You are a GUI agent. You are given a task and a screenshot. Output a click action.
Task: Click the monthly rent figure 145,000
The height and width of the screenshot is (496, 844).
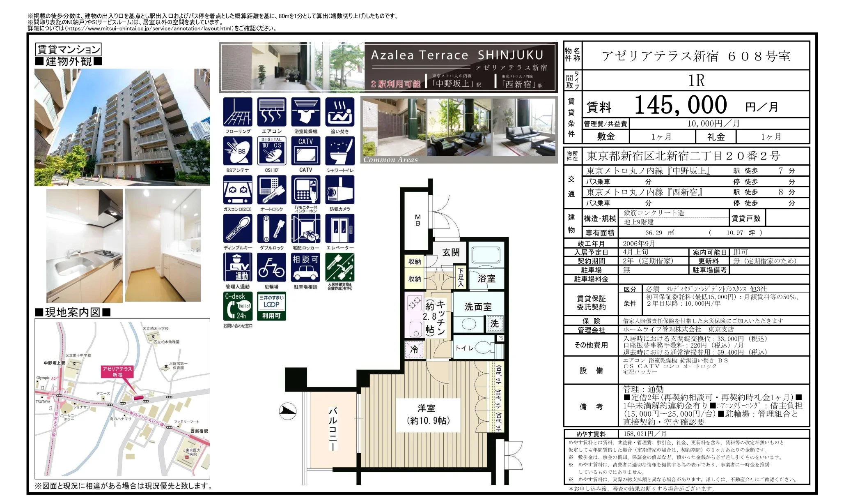680,105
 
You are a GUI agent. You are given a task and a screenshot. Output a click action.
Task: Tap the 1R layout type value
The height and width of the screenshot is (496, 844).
696,81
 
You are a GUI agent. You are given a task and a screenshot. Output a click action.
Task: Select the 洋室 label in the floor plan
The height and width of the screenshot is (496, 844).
426,408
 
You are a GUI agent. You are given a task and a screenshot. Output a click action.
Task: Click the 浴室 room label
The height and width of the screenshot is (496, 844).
486,279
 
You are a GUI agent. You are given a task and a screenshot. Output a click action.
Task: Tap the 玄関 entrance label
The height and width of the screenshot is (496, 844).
450,252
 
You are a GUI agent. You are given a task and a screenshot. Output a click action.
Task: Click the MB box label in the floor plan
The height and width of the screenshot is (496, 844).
417,220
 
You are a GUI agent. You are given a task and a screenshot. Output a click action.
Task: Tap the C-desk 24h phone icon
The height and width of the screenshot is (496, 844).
238,306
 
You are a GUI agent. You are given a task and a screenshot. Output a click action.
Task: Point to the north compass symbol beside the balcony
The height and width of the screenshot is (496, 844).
288,411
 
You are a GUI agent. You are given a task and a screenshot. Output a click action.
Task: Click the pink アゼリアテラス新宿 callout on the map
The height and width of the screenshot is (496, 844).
117,371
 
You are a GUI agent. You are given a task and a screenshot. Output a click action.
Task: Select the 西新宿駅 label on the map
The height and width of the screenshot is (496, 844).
199,431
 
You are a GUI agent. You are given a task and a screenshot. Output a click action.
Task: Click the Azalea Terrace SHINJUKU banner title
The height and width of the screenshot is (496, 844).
457,55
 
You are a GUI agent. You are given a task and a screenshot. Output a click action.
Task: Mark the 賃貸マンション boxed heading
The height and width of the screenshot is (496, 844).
69,50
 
